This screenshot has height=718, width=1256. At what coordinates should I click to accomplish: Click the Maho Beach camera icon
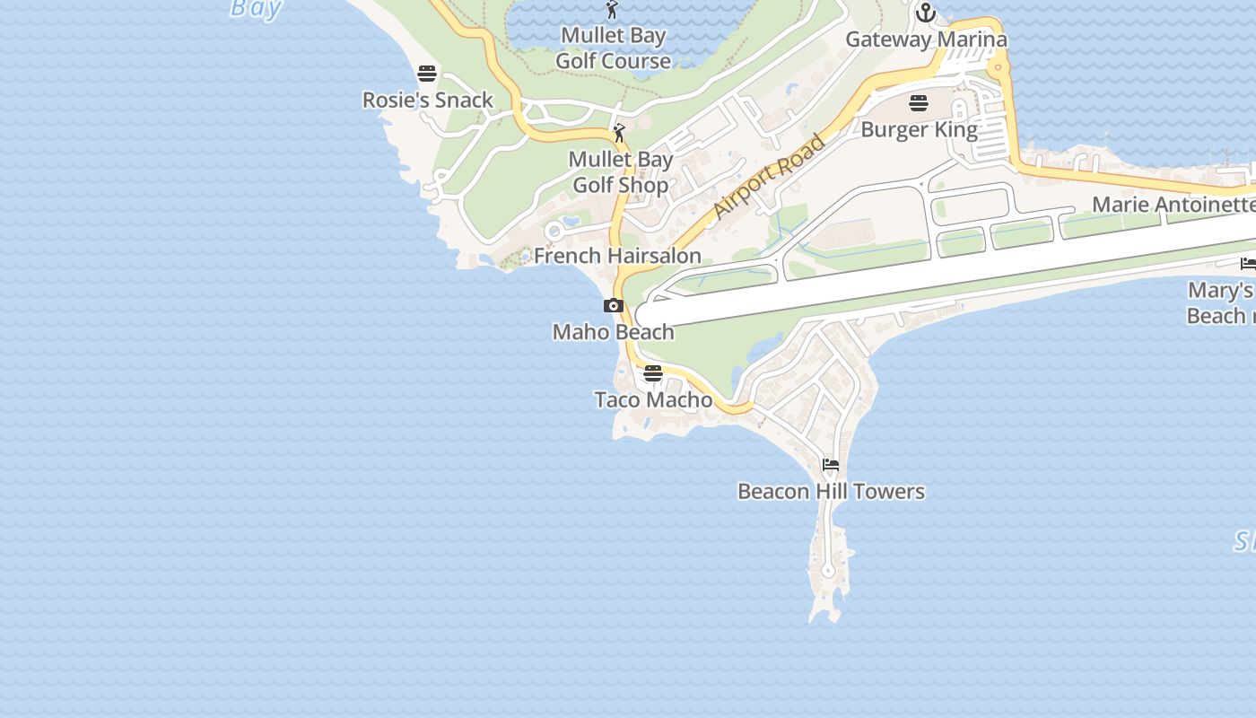click(x=614, y=306)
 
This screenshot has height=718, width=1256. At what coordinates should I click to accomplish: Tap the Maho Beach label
click(x=614, y=332)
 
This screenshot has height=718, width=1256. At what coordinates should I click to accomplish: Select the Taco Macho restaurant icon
click(x=653, y=373)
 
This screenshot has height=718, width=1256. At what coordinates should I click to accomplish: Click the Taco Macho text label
click(x=653, y=400)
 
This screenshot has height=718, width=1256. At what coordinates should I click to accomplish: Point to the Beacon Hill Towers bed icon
click(x=831, y=465)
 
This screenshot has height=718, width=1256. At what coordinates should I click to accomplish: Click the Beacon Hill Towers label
click(x=831, y=492)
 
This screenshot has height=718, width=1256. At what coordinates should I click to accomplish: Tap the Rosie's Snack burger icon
click(x=427, y=74)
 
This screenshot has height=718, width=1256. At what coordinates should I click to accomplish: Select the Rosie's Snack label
click(x=428, y=101)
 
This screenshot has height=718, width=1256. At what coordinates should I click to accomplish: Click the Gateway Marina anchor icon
click(x=926, y=13)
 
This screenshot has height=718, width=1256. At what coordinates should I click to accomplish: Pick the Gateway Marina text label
click(x=926, y=39)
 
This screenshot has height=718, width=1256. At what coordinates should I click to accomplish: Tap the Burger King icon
click(x=919, y=103)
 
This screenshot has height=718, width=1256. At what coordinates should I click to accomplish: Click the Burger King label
click(x=919, y=130)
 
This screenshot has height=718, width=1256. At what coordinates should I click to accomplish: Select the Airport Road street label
click(x=769, y=177)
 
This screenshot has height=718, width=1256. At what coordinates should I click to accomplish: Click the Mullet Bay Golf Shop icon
click(x=619, y=134)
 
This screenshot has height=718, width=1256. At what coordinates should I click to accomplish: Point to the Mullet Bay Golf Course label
click(x=614, y=48)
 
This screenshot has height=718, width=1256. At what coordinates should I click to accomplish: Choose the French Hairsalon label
click(x=617, y=256)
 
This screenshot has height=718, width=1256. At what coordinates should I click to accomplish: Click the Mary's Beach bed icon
click(x=1248, y=264)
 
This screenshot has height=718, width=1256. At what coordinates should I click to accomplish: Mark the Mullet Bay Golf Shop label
click(x=621, y=172)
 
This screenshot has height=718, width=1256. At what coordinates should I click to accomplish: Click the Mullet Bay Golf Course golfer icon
click(x=613, y=10)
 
